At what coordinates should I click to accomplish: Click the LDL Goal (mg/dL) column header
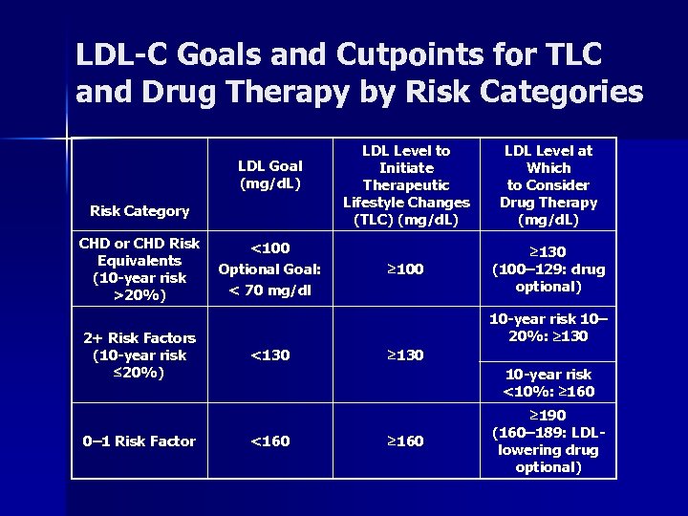click(x=269, y=175)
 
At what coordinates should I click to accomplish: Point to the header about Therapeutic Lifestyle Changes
click(x=406, y=184)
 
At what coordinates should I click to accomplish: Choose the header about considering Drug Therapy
click(x=548, y=184)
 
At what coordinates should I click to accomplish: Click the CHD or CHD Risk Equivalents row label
click(x=140, y=269)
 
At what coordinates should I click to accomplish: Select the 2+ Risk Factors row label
click(x=140, y=355)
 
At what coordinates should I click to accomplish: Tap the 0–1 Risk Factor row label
click(x=140, y=441)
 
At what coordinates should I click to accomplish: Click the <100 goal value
click(x=269, y=248)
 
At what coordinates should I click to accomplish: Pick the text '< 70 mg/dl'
click(x=269, y=290)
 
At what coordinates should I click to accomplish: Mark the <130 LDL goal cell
click(x=269, y=355)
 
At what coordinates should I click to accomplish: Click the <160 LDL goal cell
click(x=269, y=441)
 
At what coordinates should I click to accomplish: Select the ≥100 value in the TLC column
click(x=406, y=269)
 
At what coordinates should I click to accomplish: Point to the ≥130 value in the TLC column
click(x=406, y=355)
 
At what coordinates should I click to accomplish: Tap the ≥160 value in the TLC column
click(x=406, y=441)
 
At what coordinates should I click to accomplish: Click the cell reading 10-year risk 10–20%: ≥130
click(x=548, y=327)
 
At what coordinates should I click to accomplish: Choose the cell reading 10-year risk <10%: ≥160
click(x=548, y=382)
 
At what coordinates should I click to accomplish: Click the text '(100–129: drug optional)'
click(x=548, y=278)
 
